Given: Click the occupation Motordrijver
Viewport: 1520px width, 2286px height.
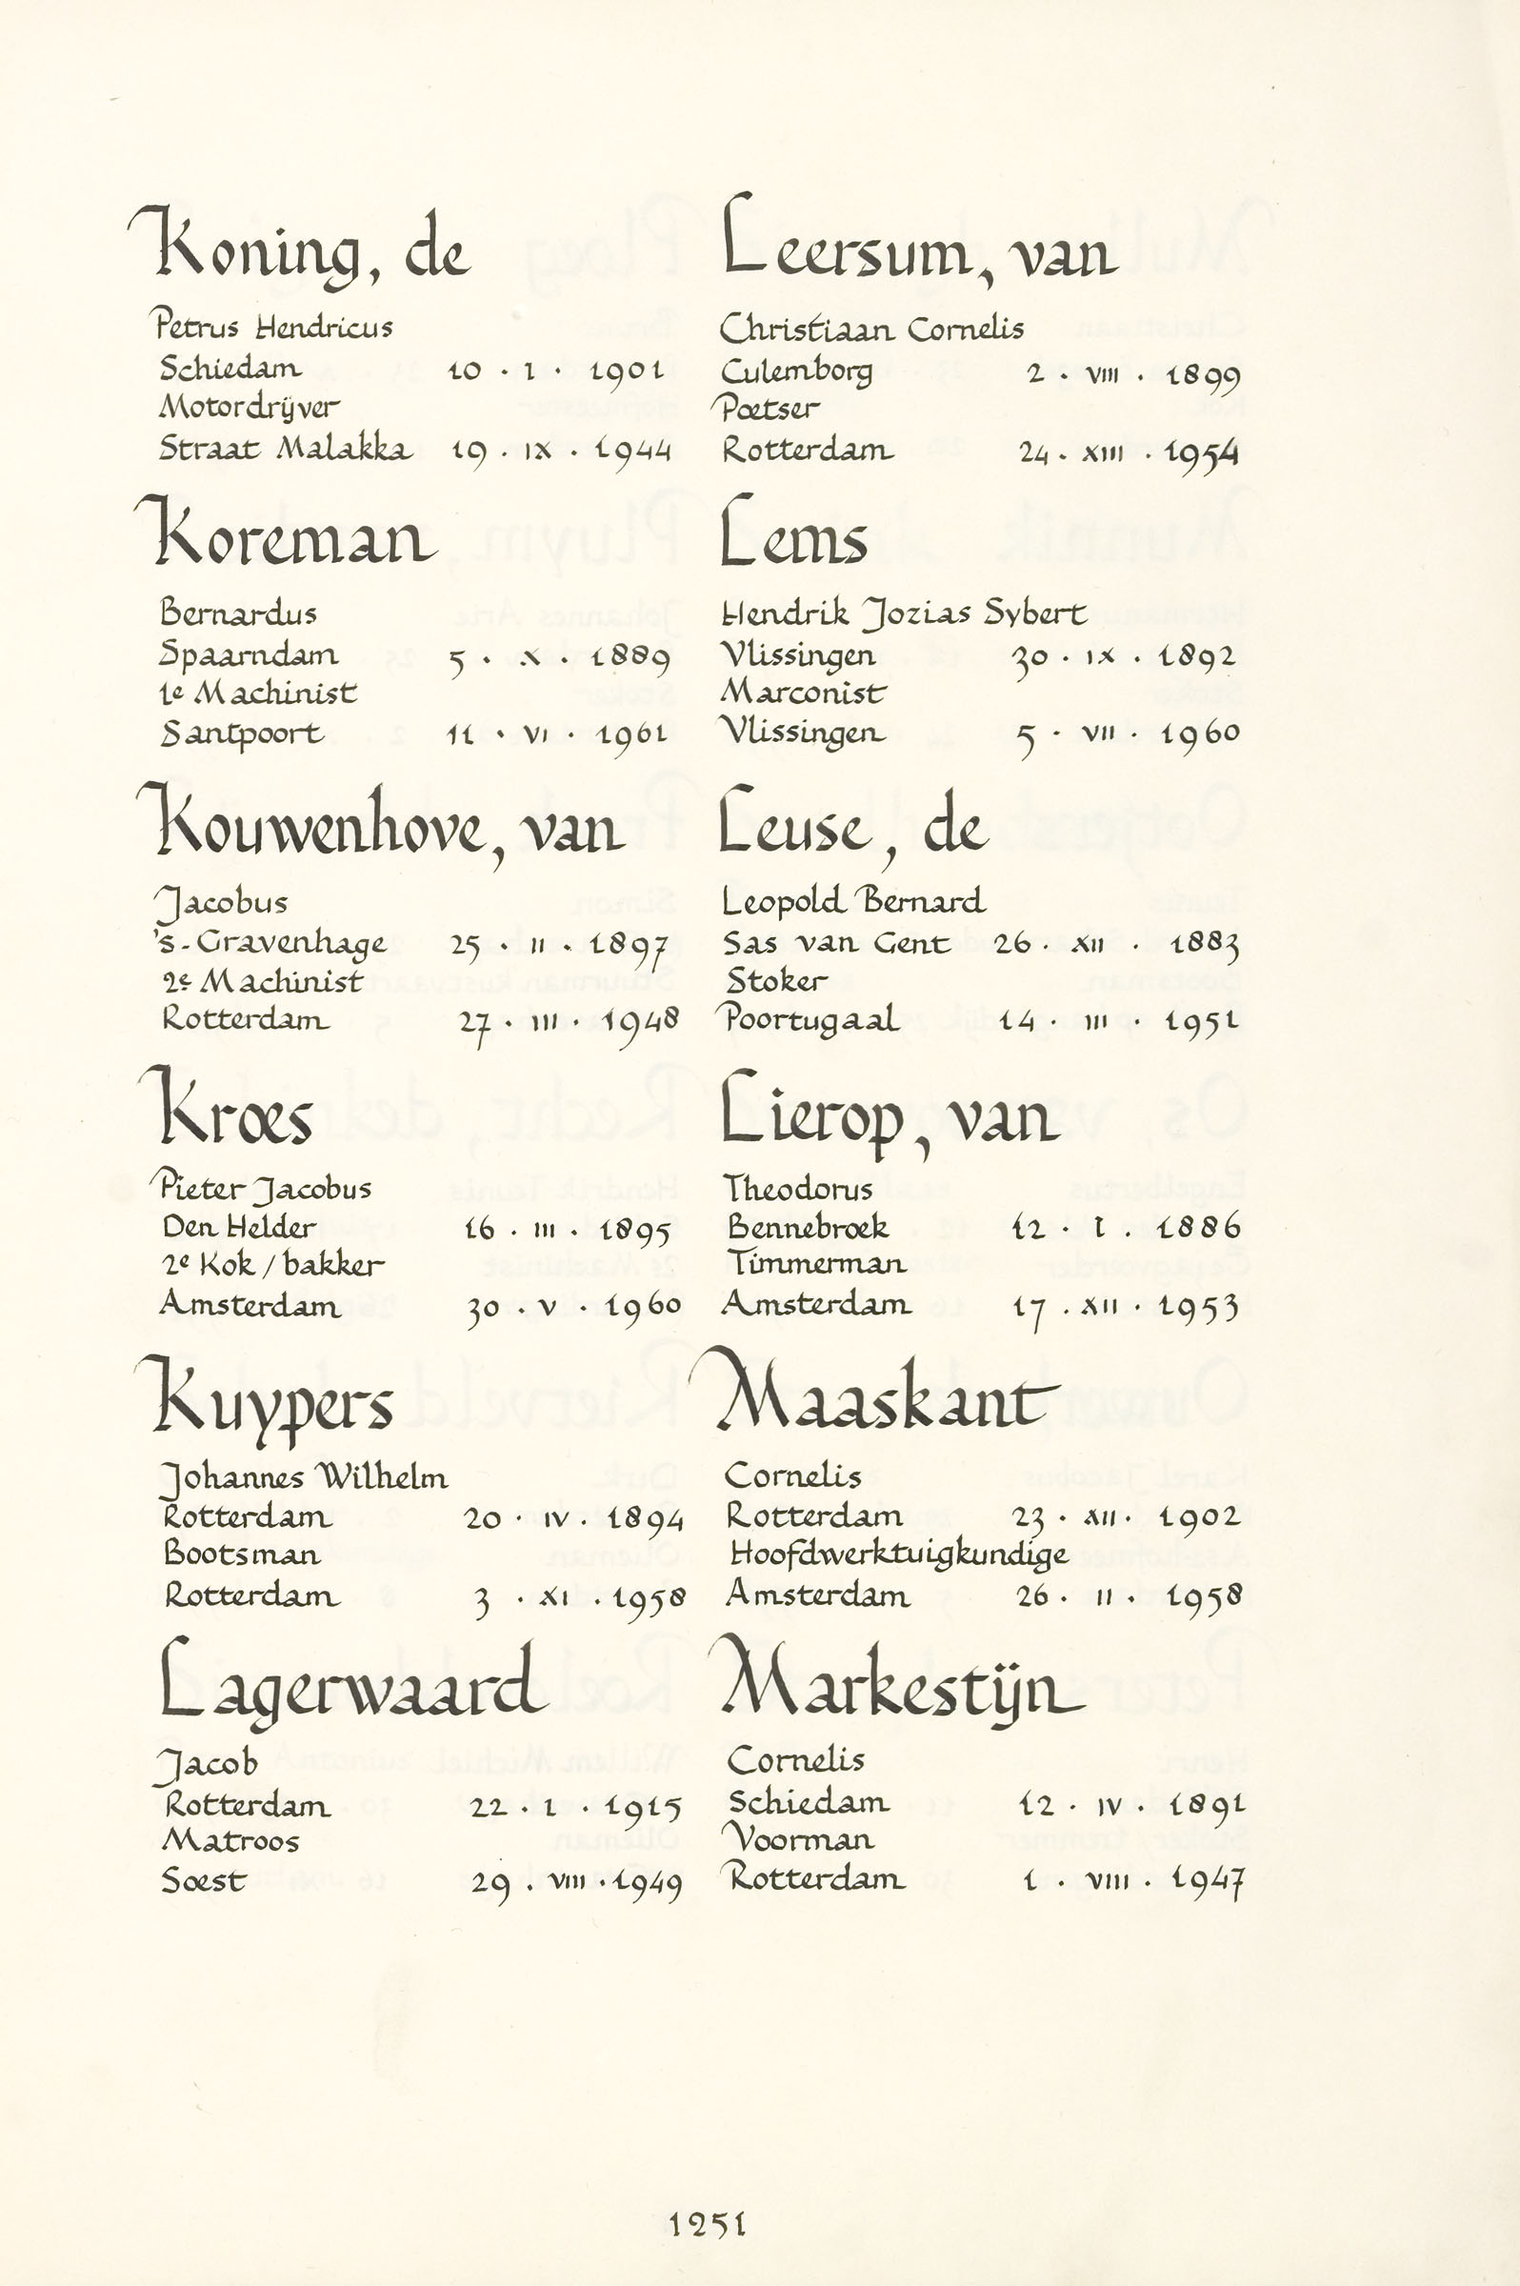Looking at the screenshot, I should pos(250,408).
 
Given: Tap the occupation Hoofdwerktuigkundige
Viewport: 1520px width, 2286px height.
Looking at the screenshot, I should pos(899,1555).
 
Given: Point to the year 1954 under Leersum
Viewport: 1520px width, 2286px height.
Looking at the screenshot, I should pos(1201,453).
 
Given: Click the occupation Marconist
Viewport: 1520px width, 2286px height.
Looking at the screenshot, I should pos(804,692).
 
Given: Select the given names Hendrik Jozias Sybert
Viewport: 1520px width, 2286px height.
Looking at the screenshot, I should pos(905,614).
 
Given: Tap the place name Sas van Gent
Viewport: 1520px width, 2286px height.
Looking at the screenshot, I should pos(835,942).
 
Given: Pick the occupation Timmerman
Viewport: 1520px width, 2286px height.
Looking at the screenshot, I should pos(816,1264).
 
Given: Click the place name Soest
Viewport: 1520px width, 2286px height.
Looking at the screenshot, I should pos(204,1881).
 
